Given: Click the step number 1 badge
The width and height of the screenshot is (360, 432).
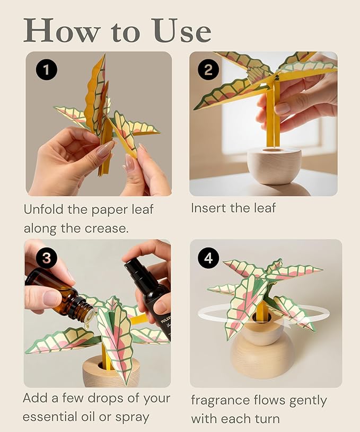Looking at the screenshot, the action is point(46,69).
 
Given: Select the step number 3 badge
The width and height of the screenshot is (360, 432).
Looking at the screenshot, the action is point(46,259).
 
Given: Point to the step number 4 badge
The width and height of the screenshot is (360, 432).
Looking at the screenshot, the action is point(209,258).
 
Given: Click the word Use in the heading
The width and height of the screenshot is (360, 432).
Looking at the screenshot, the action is point(182,31).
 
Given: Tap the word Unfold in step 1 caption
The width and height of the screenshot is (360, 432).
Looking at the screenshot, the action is point(44,209).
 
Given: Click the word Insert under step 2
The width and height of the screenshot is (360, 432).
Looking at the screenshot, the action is point(208,208).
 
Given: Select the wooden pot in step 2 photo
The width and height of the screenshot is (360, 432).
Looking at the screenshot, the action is point(274,165).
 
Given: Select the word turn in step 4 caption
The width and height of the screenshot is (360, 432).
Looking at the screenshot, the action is point(266,419).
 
